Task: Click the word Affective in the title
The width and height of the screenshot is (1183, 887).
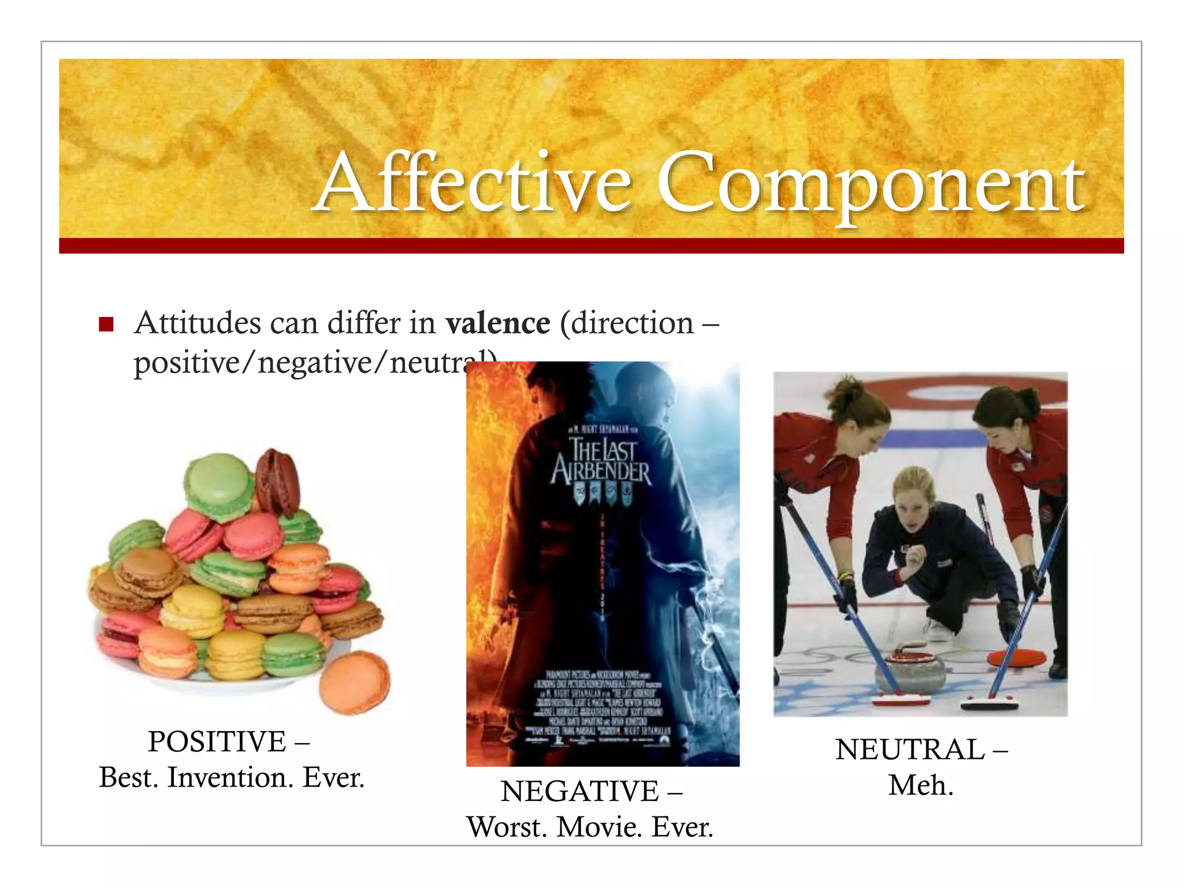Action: pyautogui.click(x=474, y=184)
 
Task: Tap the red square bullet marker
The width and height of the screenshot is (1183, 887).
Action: pyautogui.click(x=106, y=324)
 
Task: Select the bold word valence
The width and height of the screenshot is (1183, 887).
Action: pyautogui.click(x=497, y=323)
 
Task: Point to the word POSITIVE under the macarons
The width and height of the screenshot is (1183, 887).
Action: pyautogui.click(x=217, y=742)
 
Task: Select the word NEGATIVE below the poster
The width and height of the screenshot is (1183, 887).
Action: pyautogui.click(x=579, y=792)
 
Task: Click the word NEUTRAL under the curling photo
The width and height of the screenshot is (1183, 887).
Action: pyautogui.click(x=910, y=750)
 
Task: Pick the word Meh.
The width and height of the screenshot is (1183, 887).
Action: pyautogui.click(x=921, y=786)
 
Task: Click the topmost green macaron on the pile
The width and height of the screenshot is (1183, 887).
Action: pyautogui.click(x=218, y=485)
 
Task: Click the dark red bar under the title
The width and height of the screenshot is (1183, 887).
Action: pyautogui.click(x=591, y=246)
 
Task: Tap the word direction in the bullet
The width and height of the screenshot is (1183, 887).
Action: pyautogui.click(x=632, y=323)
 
